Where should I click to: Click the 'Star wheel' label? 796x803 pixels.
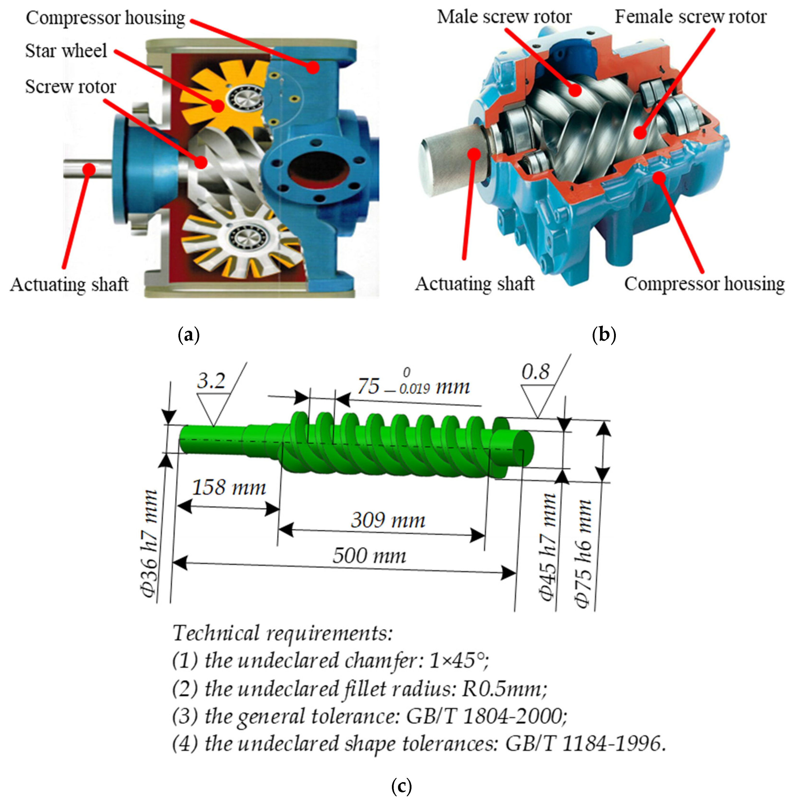click(x=66, y=51)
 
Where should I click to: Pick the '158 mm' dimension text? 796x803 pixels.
click(x=229, y=488)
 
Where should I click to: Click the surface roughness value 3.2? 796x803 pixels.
click(x=211, y=381)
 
